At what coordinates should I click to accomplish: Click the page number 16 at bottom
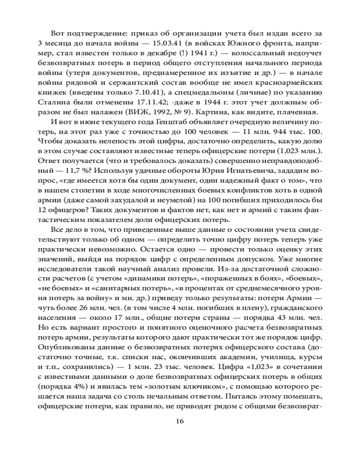[x=180, y=422]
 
